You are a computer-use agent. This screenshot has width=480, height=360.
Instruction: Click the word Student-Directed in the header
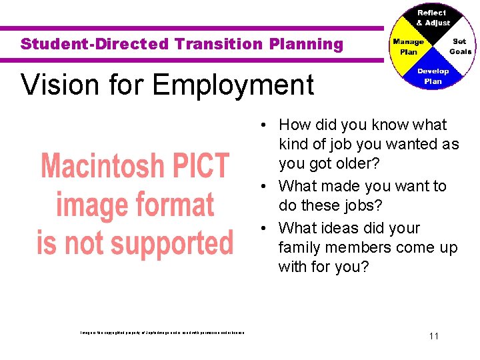(x=95, y=45)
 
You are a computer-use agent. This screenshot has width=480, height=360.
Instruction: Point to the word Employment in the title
(x=233, y=85)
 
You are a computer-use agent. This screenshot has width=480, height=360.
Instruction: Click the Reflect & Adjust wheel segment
(x=433, y=18)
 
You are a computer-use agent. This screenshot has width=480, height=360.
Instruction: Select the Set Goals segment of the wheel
(x=459, y=46)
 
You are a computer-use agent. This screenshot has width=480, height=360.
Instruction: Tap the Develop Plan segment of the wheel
(x=433, y=75)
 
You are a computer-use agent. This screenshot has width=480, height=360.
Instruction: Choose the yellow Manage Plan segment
(x=408, y=47)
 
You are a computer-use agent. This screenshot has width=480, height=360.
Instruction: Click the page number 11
(x=434, y=336)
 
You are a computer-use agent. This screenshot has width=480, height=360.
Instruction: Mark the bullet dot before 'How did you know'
(x=265, y=125)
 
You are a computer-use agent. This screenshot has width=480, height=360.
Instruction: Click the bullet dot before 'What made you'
(x=265, y=187)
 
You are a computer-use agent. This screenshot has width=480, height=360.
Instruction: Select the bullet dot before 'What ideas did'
(x=265, y=228)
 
